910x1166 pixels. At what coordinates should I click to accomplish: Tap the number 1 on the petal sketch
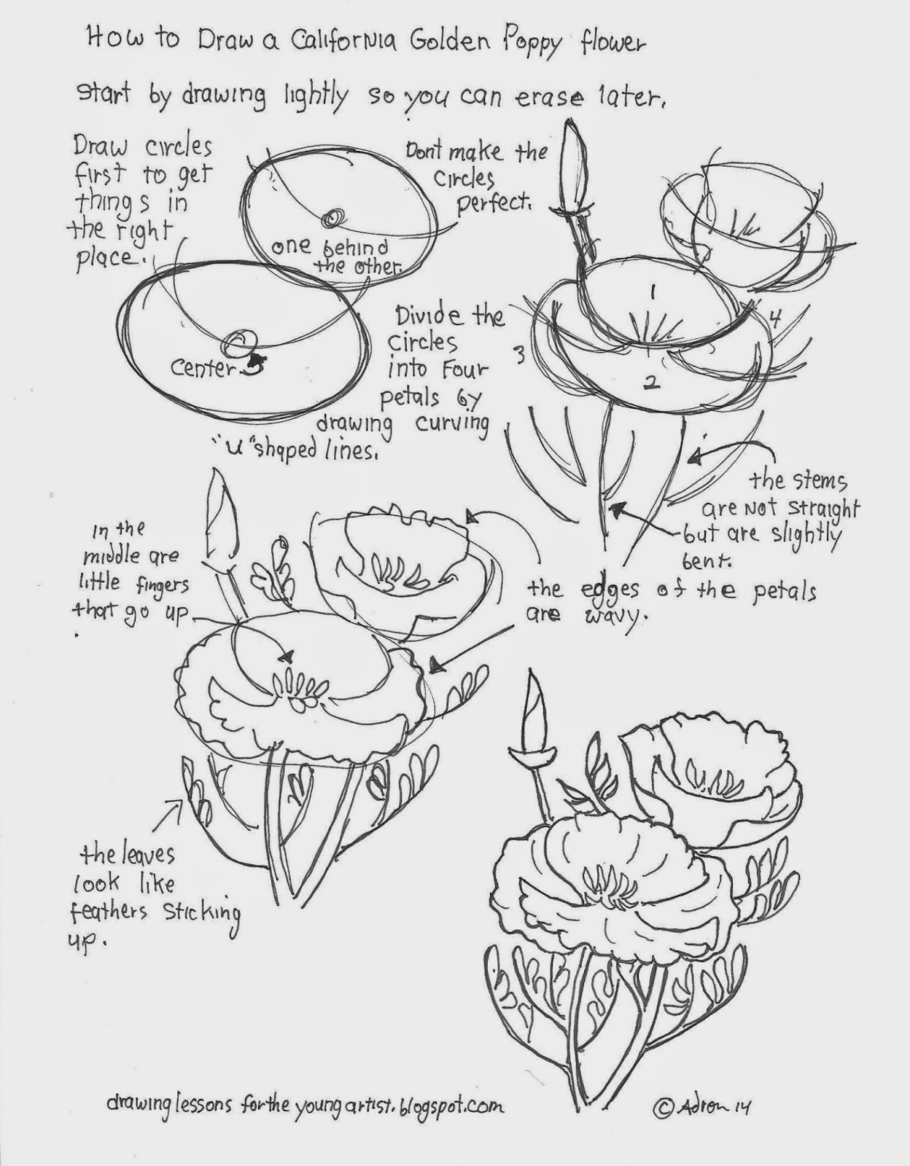coord(653,292)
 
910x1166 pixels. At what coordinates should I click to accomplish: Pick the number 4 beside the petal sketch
coord(774,318)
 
